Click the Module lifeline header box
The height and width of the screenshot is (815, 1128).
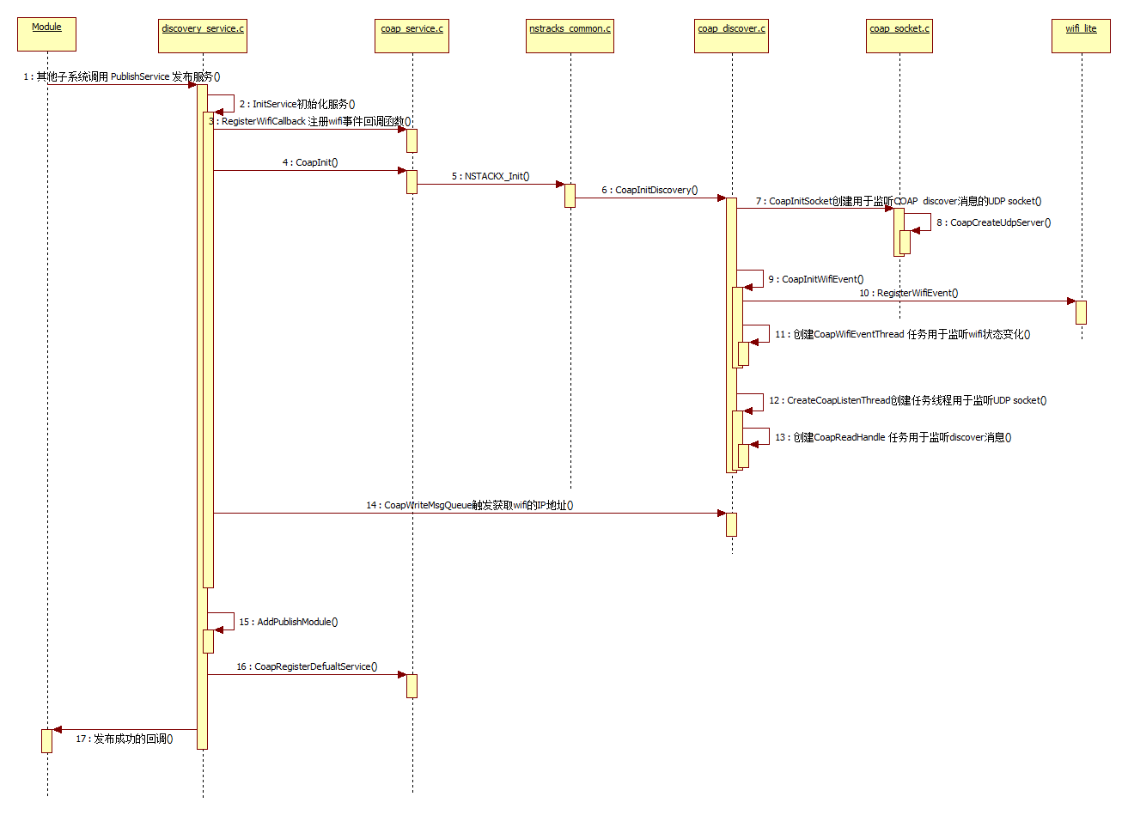coord(46,33)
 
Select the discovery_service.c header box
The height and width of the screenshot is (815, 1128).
coord(203,35)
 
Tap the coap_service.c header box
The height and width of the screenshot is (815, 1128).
coord(412,35)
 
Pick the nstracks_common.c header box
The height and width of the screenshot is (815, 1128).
coord(570,35)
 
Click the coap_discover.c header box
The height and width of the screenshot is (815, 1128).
coord(731,35)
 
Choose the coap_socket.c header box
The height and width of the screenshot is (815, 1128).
coord(899,35)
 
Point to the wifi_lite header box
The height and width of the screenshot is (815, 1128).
coord(1081,35)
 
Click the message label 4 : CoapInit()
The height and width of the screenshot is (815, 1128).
coord(310,162)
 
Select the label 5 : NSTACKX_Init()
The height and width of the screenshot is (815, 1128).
coord(491,176)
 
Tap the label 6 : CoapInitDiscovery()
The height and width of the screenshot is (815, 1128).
coord(649,190)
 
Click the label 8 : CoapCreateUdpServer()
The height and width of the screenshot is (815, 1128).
coord(993,222)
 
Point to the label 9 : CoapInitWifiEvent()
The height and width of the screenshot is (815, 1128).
coord(815,279)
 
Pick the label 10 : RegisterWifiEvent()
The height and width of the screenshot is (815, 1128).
coord(908,293)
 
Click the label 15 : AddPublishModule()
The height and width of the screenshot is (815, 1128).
coord(288,622)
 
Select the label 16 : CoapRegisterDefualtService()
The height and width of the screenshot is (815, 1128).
coord(307,666)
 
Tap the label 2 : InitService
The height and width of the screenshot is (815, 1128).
coord(296,104)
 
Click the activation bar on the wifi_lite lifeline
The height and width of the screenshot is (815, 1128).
coord(1081,312)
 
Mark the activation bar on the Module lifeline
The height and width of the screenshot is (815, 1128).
coord(47,740)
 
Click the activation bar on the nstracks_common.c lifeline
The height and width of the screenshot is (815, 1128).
coord(570,195)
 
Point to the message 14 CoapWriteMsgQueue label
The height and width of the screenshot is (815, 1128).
coord(469,505)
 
